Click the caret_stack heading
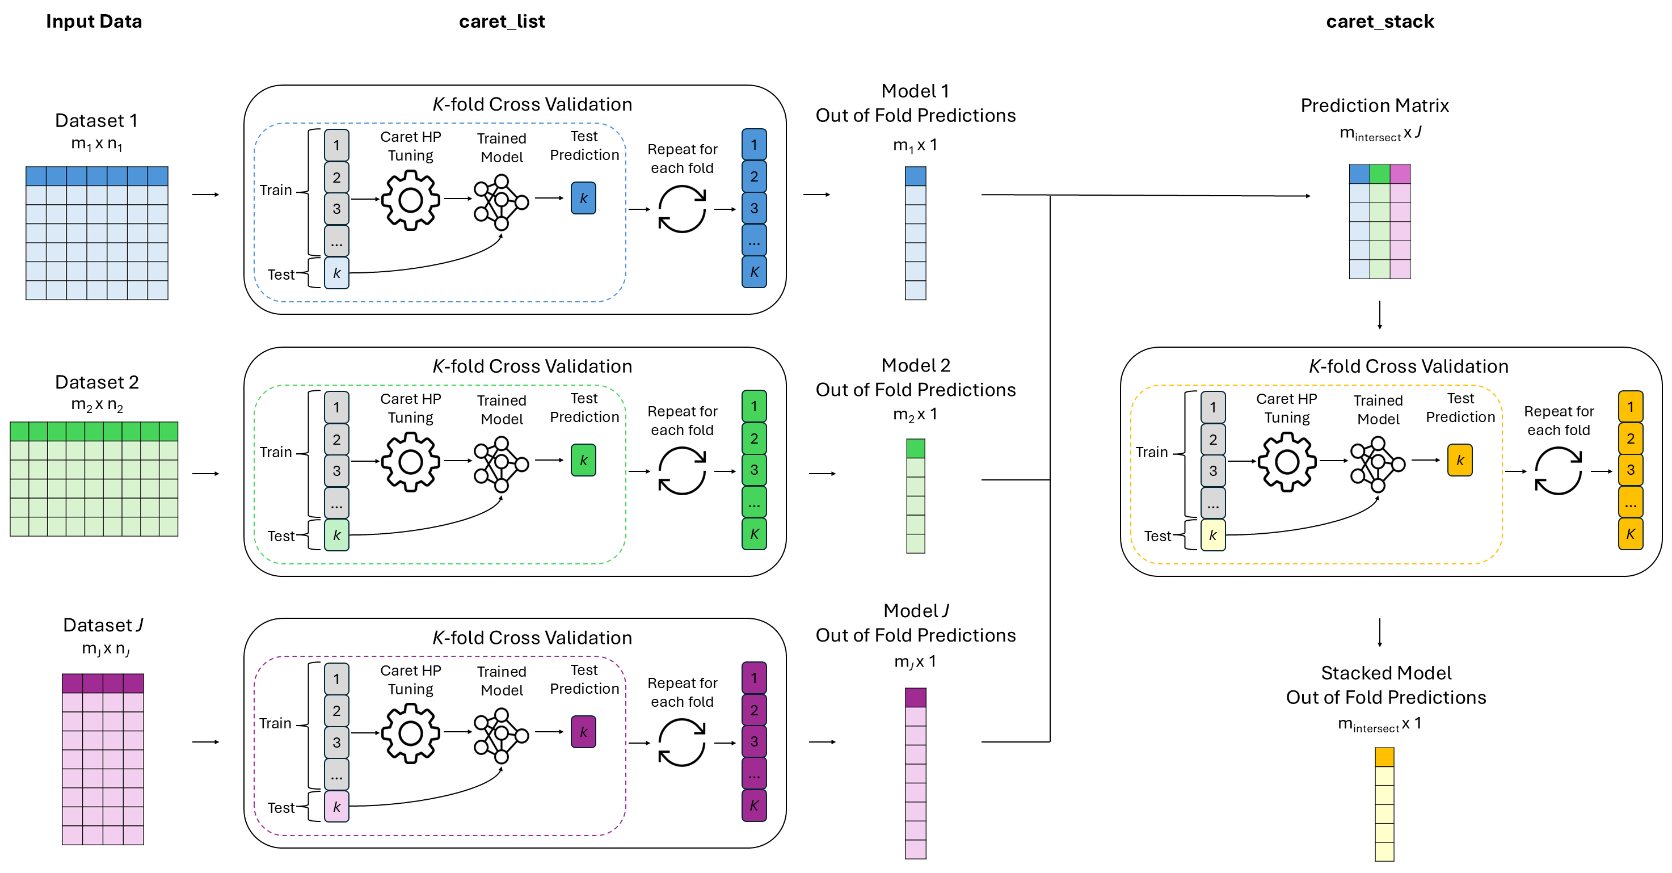[1379, 22]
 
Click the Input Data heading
[94, 22]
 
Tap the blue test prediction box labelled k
[583, 198]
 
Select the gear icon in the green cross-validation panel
[410, 462]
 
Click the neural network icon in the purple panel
[500, 735]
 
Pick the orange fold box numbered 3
[1630, 470]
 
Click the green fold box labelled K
[753, 534]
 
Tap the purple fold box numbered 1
[753, 678]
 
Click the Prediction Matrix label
[1374, 105]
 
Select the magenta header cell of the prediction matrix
[1400, 174]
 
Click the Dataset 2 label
[96, 382]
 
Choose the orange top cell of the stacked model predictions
[1384, 757]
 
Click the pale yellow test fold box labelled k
[1212, 535]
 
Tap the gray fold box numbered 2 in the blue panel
[336, 177]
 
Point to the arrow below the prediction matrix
[1379, 315]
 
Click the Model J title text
[915, 611]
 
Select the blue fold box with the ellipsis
[753, 240]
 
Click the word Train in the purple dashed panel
[275, 723]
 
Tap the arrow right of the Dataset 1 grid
[206, 194]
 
